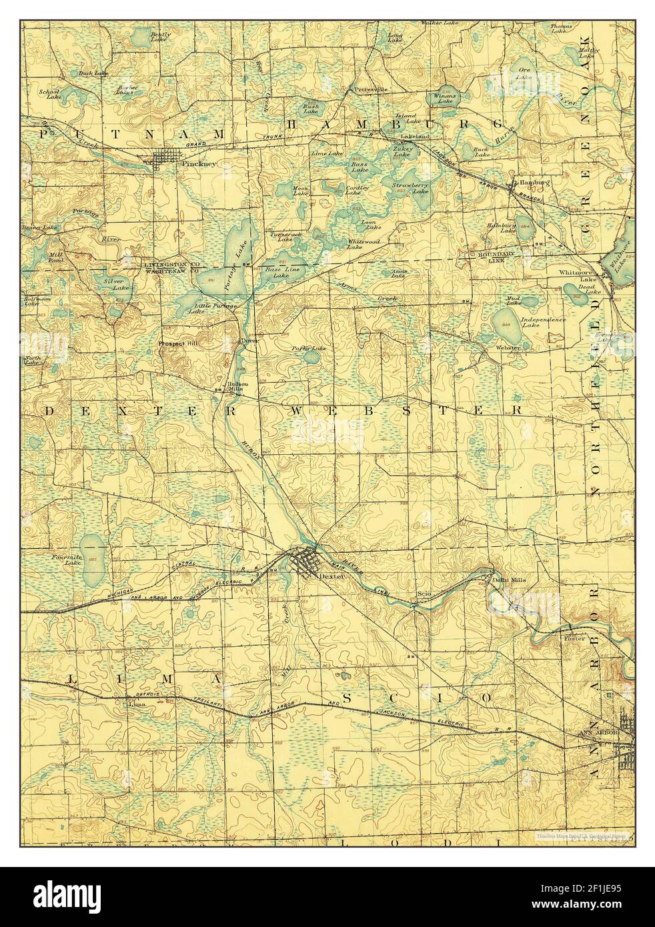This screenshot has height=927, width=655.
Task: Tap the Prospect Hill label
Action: pos(178,343)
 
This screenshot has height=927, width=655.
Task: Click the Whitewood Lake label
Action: pos(364,244)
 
